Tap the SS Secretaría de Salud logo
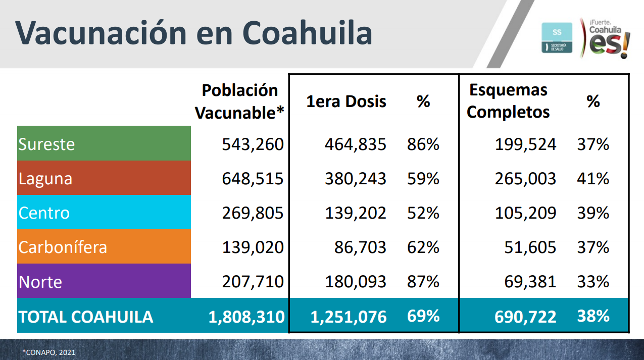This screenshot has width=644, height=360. pos(557,37)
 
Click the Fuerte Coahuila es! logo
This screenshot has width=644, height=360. pos(605,37)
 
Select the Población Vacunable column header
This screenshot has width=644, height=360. pos(240,101)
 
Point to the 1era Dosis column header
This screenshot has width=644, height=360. pos(346,101)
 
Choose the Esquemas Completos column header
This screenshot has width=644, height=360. pos(508,101)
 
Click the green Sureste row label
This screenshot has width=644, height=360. pos(46,144)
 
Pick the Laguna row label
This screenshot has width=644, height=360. pos(45,179)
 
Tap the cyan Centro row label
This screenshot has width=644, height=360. pos(44,213)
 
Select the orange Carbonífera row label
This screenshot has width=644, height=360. pos(63,247)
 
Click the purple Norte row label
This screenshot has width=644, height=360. pos(40,281)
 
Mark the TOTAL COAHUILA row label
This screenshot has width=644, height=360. pos(86,317)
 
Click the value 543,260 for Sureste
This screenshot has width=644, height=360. pos(253,144)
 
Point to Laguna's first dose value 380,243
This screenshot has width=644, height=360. pos(355,179)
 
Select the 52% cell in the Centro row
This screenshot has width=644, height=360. pos(423,213)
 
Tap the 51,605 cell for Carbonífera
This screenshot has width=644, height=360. pos(530,247)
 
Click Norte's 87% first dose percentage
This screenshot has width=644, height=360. pos(423,281)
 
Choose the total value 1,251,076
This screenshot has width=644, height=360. pos(349,317)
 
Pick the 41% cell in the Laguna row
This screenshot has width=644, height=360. pos(593,179)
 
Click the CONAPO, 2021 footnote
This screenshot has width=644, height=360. pos(48,352)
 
